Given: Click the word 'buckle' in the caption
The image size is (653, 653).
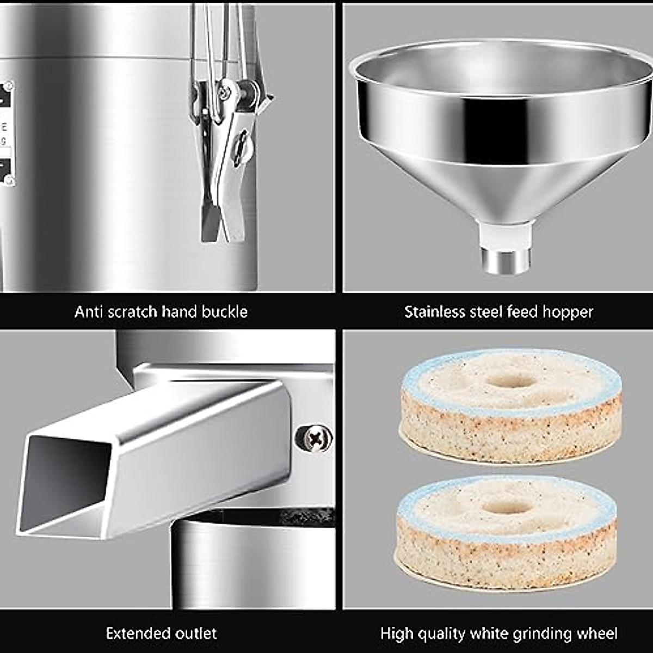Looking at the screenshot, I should pyautogui.click(x=224, y=312).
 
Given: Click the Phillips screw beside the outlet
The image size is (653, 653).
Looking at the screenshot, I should pyautogui.click(x=313, y=437).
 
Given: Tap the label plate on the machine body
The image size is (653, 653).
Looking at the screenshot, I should pyautogui.click(x=7, y=133).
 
